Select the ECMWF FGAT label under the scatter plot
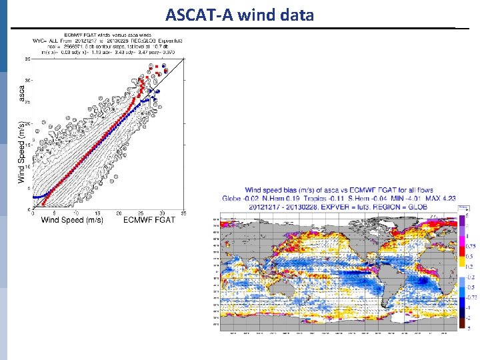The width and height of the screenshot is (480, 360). [149, 220]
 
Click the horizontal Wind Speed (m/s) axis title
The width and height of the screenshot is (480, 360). [72, 220]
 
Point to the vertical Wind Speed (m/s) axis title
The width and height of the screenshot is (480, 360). [21, 152]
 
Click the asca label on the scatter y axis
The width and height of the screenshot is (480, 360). [21, 93]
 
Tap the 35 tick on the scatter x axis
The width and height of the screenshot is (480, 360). [183, 213]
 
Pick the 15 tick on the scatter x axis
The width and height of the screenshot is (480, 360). [97, 213]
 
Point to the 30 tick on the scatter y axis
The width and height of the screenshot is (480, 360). [27, 81]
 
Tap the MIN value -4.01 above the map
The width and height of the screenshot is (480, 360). [412, 198]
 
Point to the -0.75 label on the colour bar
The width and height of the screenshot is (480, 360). [471, 297]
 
